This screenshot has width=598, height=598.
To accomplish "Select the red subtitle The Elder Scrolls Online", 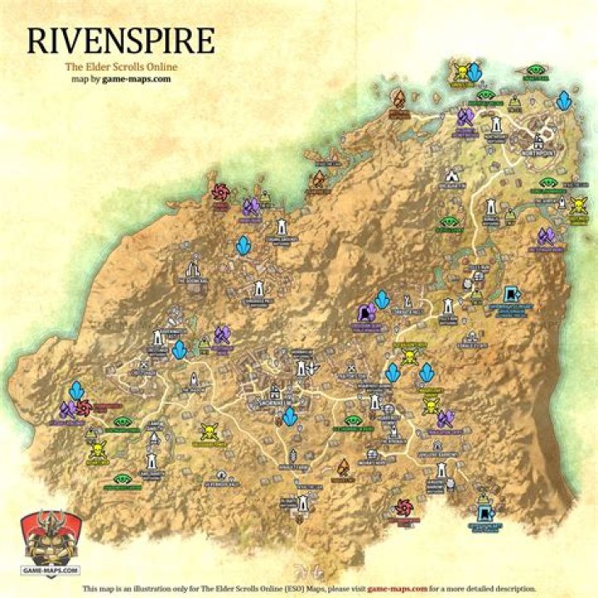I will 120,67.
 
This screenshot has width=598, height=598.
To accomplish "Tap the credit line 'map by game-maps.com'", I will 120,80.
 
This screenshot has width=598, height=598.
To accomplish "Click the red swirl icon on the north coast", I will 220,193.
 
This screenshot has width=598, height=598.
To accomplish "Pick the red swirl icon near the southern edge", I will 404,507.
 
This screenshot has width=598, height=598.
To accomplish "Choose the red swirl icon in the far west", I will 84,408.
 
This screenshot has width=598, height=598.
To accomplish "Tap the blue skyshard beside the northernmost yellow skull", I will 474,73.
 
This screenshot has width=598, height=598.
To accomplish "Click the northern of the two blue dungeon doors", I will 512,294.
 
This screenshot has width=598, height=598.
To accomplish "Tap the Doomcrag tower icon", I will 194,270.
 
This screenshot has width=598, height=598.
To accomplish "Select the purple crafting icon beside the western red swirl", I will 67,409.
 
